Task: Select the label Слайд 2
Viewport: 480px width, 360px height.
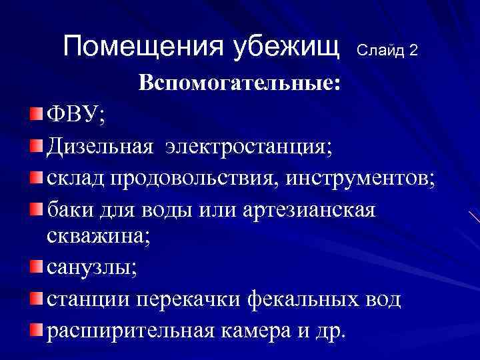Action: tap(387, 50)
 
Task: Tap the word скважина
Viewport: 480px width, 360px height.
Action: tap(97, 238)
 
